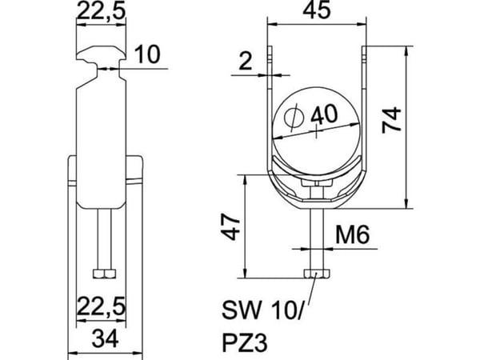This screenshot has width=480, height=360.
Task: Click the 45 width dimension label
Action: [317, 10]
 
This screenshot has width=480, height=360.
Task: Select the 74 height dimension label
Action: [391, 120]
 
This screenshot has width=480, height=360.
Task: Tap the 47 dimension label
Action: [230, 227]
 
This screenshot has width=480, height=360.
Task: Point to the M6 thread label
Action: [352, 234]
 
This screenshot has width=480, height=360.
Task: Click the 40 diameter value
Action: [325, 114]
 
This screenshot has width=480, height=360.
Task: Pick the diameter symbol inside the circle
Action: [294, 116]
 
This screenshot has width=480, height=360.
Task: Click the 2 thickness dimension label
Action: [246, 61]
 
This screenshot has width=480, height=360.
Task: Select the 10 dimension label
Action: [147, 54]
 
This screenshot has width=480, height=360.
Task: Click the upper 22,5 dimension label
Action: [102, 10]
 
